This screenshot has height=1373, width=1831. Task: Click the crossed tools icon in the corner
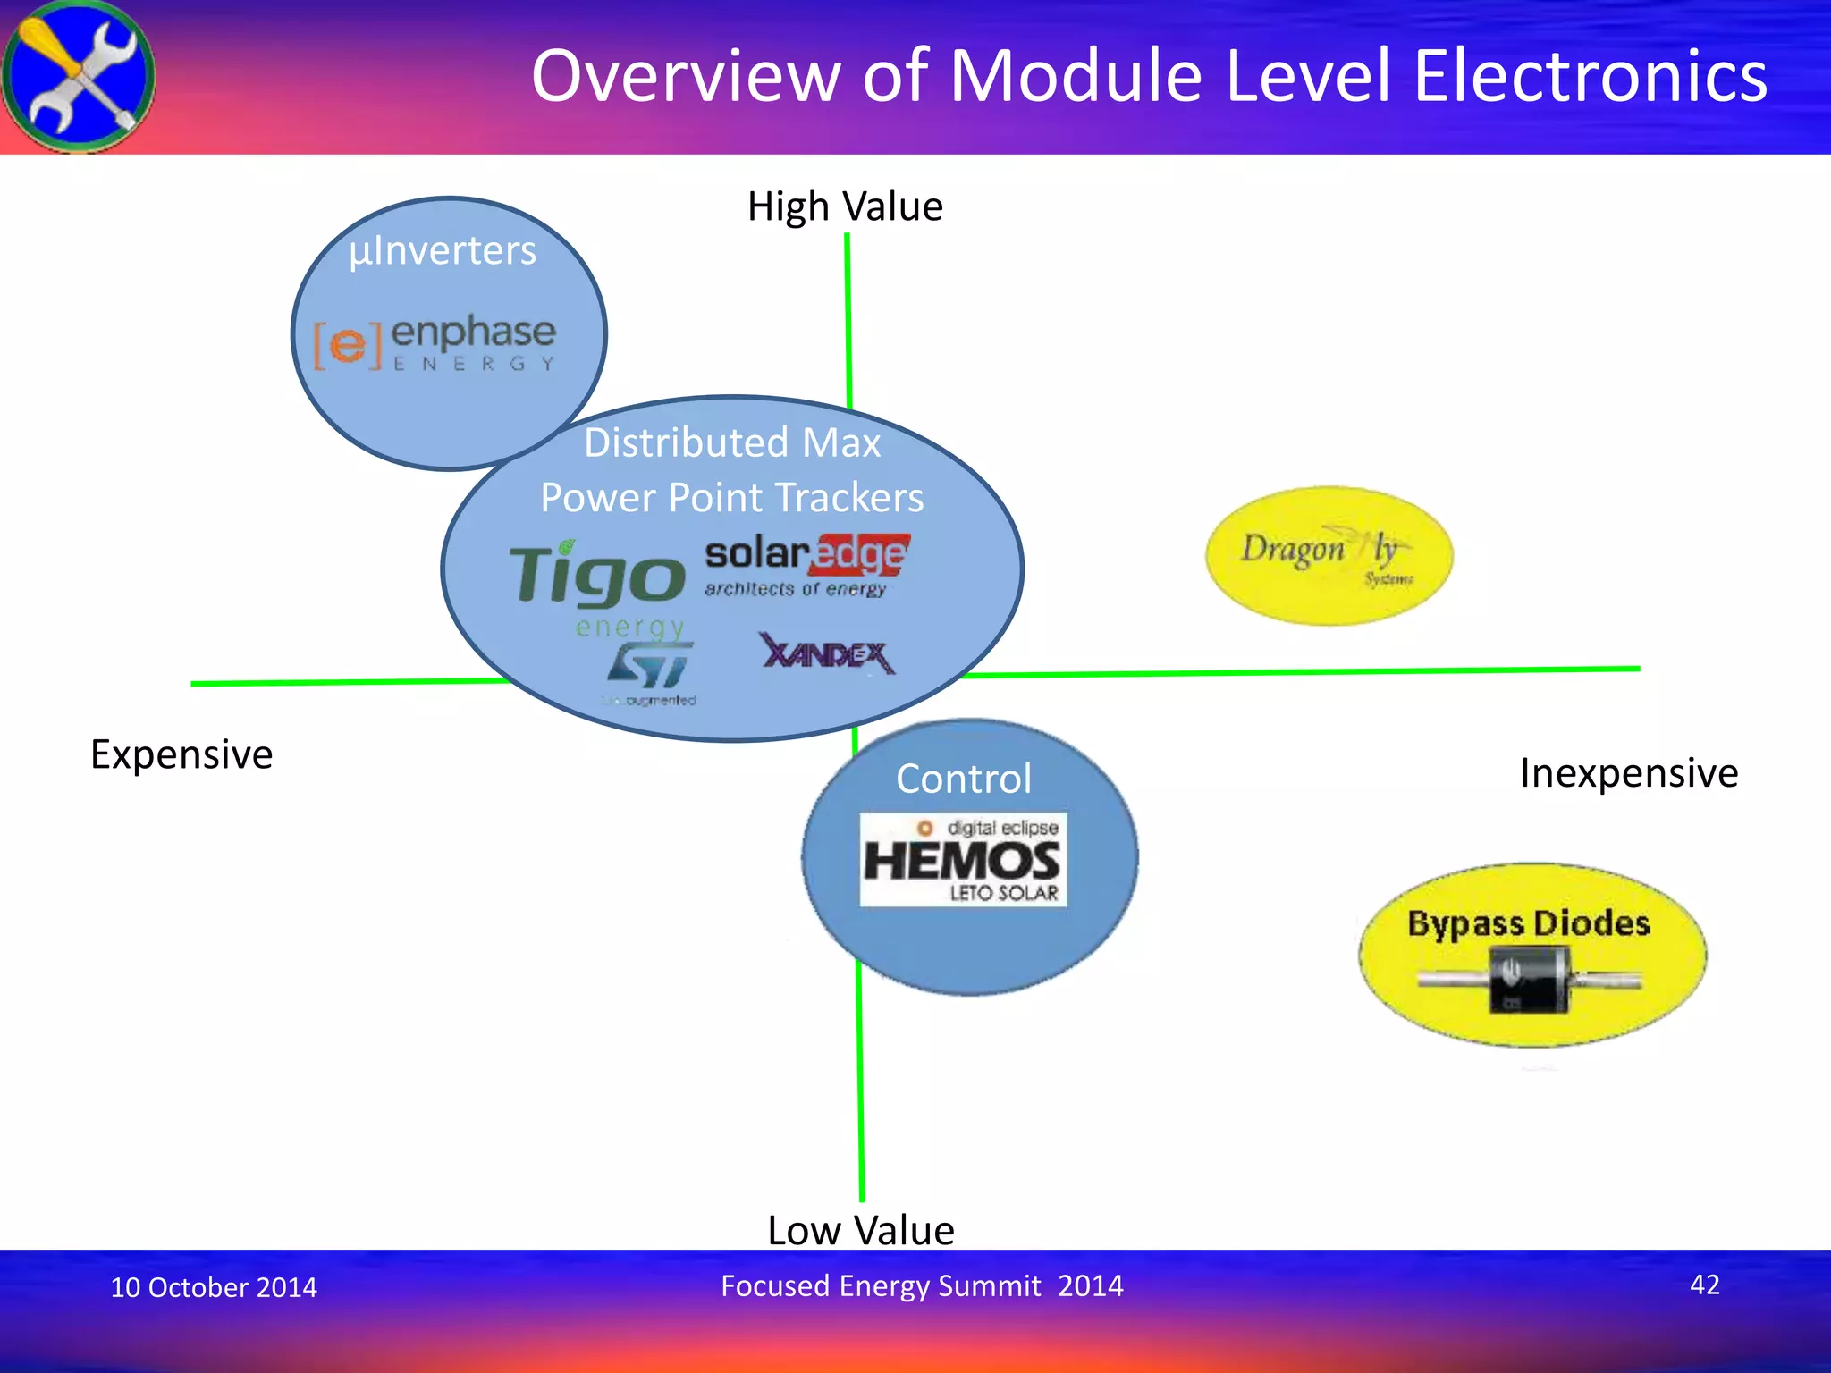pyautogui.click(x=79, y=76)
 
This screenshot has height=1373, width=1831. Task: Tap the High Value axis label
pyautogui.click(x=845, y=206)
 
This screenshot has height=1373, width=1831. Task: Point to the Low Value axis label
pyautogui.click(x=860, y=1230)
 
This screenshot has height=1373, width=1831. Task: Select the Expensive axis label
pyautogui.click(x=181, y=754)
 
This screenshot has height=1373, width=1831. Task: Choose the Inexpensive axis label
pyautogui.click(x=1628, y=772)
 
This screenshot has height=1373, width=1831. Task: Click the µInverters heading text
pyautogui.click(x=443, y=250)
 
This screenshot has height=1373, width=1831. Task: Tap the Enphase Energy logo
pyautogui.click(x=435, y=342)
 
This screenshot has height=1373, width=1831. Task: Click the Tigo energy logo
pyautogui.click(x=597, y=585)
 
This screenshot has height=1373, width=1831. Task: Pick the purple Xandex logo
pyautogui.click(x=827, y=654)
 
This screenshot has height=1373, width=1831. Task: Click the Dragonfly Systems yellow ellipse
pyautogui.click(x=1329, y=556)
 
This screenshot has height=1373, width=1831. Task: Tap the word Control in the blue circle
pyautogui.click(x=964, y=779)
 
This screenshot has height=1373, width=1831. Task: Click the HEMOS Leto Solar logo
pyautogui.click(x=963, y=859)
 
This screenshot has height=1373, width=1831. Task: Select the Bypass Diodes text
pyautogui.click(x=1529, y=923)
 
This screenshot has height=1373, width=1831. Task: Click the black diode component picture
pyautogui.click(x=1530, y=980)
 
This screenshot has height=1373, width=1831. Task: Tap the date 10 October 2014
pyautogui.click(x=214, y=1287)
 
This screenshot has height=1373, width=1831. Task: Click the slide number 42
pyautogui.click(x=1704, y=1285)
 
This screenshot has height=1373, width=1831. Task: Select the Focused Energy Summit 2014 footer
pyautogui.click(x=922, y=1285)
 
